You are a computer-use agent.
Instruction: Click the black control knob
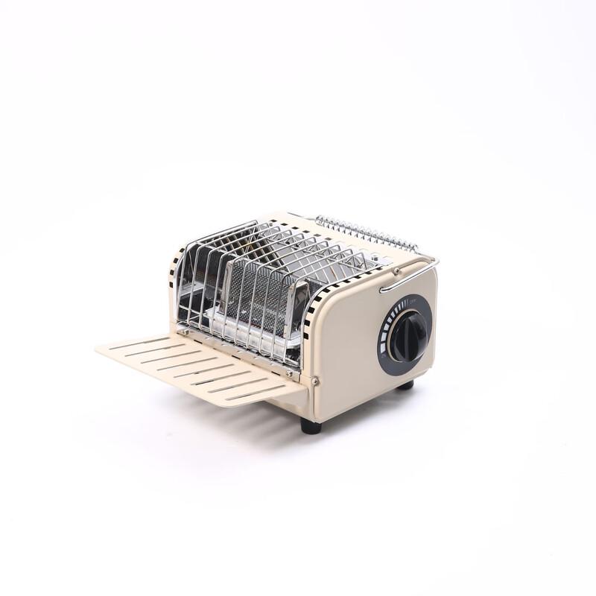407,335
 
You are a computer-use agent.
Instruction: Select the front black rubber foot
311,426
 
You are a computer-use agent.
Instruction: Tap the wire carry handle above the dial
410,272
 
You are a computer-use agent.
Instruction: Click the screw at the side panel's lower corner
315,381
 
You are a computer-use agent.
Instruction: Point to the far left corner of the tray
98,348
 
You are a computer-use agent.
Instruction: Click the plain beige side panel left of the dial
346,350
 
